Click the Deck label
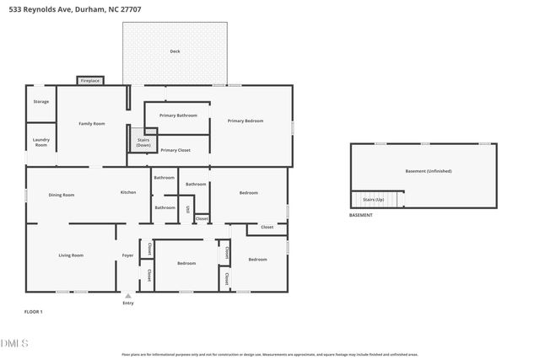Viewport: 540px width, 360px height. click(175, 51)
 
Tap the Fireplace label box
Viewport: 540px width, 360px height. click(90, 81)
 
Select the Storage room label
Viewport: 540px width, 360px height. click(40, 101)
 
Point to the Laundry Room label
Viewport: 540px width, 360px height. click(40, 142)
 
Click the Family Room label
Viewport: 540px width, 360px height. click(91, 124)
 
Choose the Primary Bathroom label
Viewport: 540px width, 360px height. click(178, 115)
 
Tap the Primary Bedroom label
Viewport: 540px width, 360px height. click(246, 121)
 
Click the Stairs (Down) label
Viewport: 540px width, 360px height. click(143, 142)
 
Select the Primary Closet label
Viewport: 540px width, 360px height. click(175, 150)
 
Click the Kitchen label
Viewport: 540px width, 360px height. click(127, 192)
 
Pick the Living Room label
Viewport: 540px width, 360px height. click(70, 255)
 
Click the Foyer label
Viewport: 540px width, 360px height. click(127, 255)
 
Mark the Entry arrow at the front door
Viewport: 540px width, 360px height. click(128, 296)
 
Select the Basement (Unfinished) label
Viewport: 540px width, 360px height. click(428, 171)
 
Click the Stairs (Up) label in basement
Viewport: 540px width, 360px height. click(373, 200)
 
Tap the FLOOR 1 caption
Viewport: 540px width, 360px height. click(33, 312)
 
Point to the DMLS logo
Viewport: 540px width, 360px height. click(14, 342)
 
